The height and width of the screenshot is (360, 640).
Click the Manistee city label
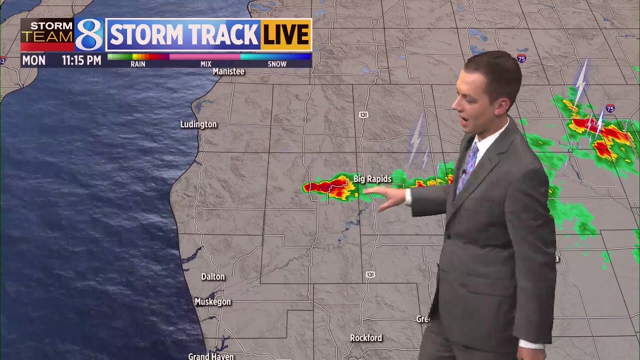[x=228, y=71]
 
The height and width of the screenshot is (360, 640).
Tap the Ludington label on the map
[x=198, y=124]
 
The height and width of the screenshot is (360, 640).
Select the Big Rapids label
[x=372, y=179]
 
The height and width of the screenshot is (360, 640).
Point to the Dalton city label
[x=213, y=276]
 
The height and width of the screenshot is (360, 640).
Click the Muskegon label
[x=212, y=302]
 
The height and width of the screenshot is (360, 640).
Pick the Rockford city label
[x=366, y=338]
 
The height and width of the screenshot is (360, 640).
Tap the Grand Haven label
[x=210, y=356]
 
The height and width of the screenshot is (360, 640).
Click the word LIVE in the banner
[x=285, y=35]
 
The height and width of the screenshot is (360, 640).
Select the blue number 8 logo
[x=89, y=34]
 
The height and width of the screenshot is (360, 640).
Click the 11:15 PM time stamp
[x=81, y=60]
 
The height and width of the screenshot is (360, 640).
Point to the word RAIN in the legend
[x=138, y=64]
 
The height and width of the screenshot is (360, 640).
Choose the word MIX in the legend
[x=205, y=64]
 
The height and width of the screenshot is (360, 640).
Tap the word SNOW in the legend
[x=277, y=64]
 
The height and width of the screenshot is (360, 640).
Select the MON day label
[x=33, y=60]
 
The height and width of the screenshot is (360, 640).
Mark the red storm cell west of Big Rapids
[x=320, y=187]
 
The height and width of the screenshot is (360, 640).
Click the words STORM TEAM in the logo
[x=47, y=31]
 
